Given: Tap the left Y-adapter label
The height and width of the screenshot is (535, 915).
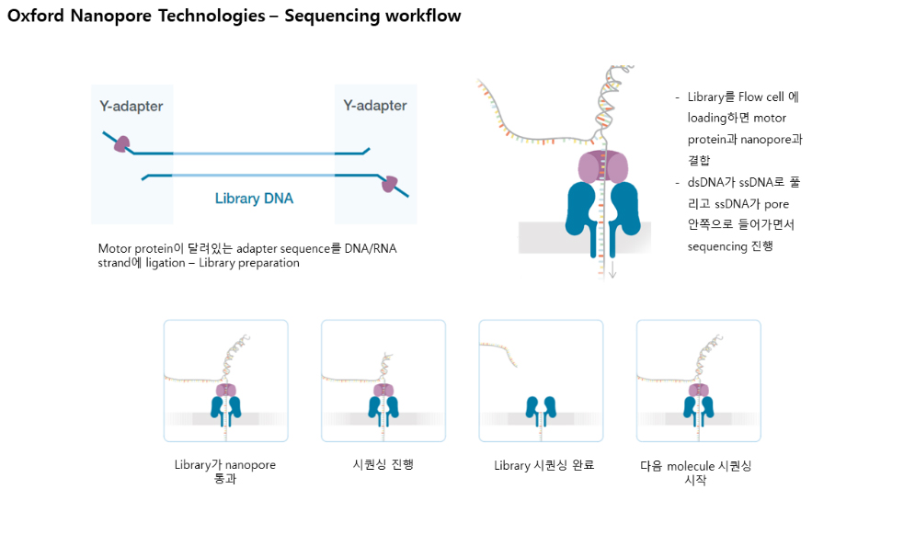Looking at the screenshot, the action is tap(132, 107).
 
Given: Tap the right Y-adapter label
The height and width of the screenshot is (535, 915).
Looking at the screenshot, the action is tap(375, 106).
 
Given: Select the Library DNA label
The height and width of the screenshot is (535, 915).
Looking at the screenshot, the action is tap(254, 199).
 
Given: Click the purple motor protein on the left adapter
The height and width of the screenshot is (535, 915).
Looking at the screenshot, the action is tap(121, 143).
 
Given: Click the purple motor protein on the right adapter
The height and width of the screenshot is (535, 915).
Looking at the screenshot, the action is tap(389, 184).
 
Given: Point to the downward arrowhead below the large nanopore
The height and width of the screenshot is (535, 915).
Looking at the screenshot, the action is tap(612, 274).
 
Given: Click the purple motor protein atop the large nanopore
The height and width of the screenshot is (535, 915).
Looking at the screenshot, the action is tap(603, 167).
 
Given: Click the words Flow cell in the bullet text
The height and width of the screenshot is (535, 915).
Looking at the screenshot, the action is tap(761, 97).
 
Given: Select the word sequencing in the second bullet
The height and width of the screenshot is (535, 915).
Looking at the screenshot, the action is tap(717, 246).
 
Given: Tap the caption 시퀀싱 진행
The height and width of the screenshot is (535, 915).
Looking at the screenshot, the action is tap(383, 464).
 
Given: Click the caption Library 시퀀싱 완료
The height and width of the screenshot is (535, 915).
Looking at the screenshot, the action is tap(543, 465).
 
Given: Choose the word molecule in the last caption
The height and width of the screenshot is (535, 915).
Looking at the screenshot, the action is tap(691, 466).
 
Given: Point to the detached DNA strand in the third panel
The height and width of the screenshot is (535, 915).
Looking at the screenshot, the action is tap(499, 352).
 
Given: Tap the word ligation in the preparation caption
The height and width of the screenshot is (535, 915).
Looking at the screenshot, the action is tap(166, 263).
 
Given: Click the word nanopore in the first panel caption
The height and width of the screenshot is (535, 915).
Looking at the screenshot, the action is tap(250, 465).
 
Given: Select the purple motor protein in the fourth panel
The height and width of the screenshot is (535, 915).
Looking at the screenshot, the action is tap(699, 390).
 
